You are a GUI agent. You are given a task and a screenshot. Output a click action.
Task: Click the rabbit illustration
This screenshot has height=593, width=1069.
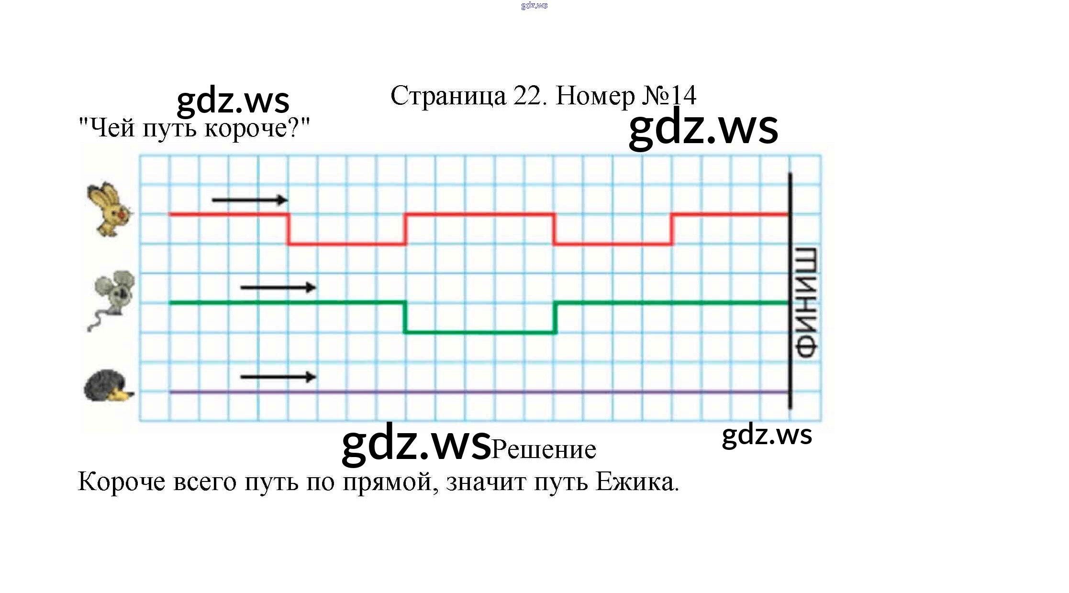click(110, 210)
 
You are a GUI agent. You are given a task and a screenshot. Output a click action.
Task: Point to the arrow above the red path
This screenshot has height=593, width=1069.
click(249, 200)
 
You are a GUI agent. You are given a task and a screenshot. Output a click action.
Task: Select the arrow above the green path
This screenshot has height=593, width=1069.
click(278, 288)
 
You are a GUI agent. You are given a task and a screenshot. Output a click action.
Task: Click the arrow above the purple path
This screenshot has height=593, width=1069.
click(278, 377)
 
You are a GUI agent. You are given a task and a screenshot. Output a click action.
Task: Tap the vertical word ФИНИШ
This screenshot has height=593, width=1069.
click(807, 302)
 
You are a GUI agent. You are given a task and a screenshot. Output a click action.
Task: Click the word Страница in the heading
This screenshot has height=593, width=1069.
click(448, 96)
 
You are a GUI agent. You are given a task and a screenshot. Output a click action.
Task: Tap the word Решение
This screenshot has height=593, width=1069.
click(544, 449)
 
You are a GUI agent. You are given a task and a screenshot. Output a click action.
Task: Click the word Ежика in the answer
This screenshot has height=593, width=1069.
click(636, 482)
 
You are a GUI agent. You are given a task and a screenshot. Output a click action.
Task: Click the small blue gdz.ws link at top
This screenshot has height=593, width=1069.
click(534, 6)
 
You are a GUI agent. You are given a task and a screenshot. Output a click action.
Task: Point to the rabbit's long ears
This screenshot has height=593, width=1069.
click(101, 194)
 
